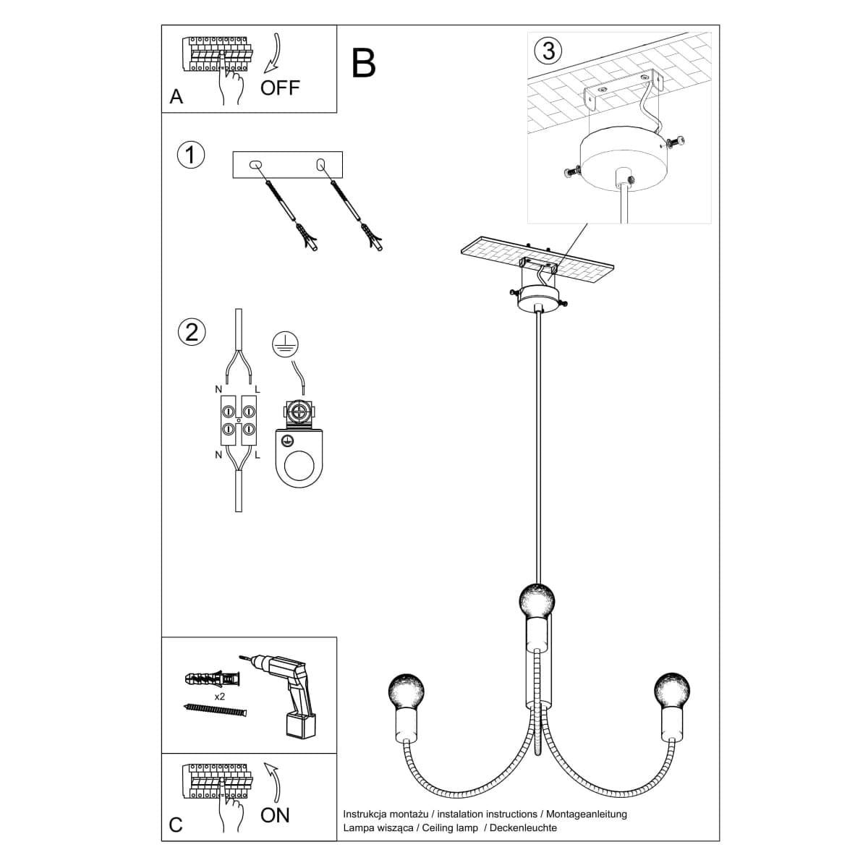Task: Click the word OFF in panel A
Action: tap(280, 88)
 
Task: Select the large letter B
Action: tap(363, 63)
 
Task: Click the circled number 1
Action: tap(191, 156)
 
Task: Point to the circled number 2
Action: tap(192, 333)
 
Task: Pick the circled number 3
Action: tap(548, 50)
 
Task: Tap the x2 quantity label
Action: tap(219, 697)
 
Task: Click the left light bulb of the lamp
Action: tap(407, 692)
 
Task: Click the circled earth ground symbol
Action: tap(285, 344)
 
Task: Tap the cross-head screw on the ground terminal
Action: tap(299, 412)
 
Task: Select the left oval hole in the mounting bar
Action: tap(255, 164)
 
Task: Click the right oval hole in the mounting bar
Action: tap(320, 165)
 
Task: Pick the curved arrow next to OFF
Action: tap(274, 53)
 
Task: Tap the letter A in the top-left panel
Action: tap(176, 97)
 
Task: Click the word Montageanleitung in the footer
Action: tap(587, 814)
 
